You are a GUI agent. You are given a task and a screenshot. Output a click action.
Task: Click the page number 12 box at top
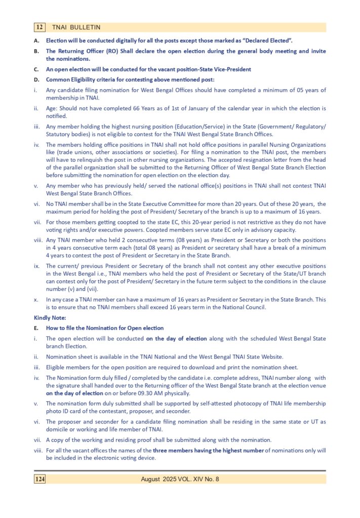pos(40,27)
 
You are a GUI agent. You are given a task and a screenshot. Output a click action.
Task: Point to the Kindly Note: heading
pos(49,318)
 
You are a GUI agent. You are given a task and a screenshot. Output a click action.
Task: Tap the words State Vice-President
pos(224,69)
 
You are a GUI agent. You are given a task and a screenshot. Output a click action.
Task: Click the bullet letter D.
pos(36,79)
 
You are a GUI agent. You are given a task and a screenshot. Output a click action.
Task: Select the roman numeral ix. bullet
pos(36,266)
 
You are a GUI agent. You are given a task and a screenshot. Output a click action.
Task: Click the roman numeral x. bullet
pos(36,299)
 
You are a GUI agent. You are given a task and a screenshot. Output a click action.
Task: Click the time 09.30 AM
pos(152,393)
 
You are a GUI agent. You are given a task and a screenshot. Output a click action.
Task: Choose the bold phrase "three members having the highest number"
pos(209,451)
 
